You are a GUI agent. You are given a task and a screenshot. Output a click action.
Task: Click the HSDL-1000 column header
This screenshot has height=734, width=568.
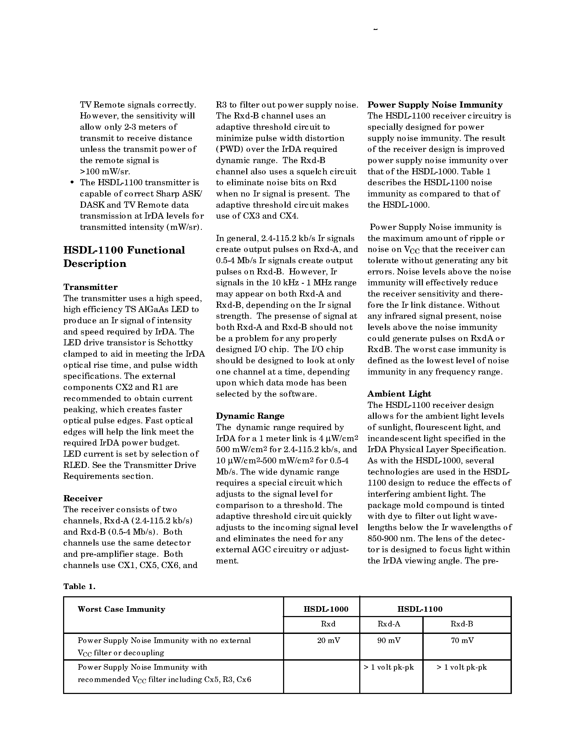point(326,609)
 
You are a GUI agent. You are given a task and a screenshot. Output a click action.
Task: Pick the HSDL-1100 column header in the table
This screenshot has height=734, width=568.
point(420,609)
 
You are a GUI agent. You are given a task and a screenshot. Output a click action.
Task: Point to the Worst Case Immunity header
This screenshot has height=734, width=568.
point(121,609)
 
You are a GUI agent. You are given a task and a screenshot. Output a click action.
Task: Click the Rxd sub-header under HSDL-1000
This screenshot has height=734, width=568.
point(328,624)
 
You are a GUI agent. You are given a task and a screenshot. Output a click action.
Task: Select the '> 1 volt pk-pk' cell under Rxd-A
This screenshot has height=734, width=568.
point(389,667)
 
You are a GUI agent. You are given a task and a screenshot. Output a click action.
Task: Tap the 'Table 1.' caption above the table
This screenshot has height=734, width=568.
point(79,586)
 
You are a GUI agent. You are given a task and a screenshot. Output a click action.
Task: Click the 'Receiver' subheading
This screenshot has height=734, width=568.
point(83,498)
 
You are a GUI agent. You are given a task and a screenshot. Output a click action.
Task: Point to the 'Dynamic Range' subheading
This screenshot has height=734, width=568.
point(250,416)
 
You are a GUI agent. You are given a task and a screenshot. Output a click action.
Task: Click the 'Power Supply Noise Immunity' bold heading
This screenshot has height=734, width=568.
point(435,105)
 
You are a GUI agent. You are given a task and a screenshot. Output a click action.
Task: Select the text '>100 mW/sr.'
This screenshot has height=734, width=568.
point(105,171)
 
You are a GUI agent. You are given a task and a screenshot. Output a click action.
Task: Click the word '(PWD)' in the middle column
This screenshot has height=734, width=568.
point(226,149)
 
